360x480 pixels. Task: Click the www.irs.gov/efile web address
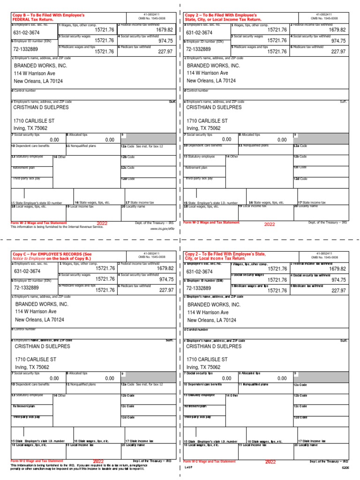point(162,229)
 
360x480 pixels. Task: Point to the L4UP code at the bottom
point(187,467)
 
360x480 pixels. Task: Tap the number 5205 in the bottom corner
point(345,467)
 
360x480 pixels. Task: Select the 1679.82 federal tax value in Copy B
point(165,30)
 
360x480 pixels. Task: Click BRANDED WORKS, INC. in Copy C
point(42,304)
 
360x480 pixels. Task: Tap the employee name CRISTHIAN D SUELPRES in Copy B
point(41,107)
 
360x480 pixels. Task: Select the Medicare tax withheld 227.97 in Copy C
point(166,290)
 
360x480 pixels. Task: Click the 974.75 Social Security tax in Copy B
point(166,41)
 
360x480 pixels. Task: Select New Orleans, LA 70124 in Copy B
point(39,81)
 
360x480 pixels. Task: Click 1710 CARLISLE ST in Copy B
point(34,121)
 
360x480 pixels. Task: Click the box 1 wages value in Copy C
point(105,269)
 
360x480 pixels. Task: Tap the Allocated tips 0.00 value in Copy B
point(110,140)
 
